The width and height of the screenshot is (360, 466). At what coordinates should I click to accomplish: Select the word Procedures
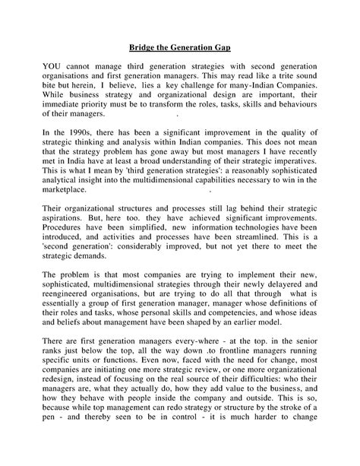pos(68,246)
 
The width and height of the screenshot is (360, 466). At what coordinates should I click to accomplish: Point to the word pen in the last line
pos(49,455)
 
